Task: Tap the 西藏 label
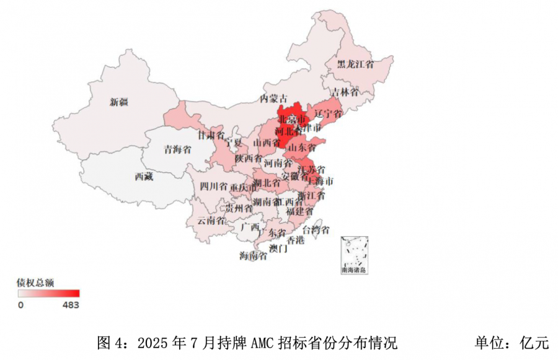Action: click(143, 177)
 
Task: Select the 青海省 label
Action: click(177, 149)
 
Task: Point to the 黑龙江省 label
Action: click(355, 64)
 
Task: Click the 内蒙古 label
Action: click(273, 99)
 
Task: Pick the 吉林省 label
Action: click(344, 92)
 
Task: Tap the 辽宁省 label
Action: click(328, 114)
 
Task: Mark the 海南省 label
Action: click(253, 255)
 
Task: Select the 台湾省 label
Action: click(325, 230)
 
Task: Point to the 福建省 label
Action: click(300, 211)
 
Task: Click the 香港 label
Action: click(295, 240)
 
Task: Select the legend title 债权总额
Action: click(35, 283)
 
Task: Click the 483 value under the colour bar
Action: click(71, 305)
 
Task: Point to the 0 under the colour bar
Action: click(20, 305)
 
